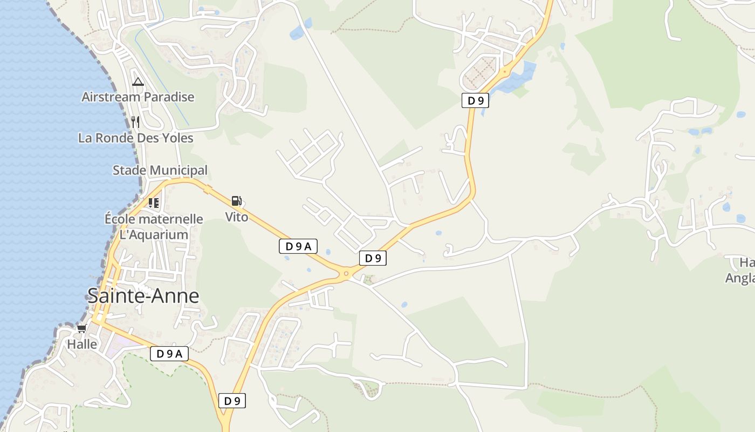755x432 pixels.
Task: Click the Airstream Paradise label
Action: point(138,97)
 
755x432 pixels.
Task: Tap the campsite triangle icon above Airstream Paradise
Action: point(138,82)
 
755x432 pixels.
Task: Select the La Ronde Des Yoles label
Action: point(135,138)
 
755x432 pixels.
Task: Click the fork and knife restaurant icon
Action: point(135,122)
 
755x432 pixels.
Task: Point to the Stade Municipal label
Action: point(160,170)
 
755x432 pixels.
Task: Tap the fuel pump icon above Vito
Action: point(236,201)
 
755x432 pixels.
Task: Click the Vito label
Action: point(237,217)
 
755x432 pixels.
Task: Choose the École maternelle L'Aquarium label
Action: point(154,227)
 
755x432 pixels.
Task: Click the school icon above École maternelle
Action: point(154,203)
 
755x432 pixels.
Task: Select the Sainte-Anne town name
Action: point(143,296)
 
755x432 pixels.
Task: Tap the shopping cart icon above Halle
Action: point(82,328)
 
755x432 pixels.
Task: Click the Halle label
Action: point(82,344)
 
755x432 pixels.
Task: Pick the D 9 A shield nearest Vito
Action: point(298,247)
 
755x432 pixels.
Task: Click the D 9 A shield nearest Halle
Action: point(169,354)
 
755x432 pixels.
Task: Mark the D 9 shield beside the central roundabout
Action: point(373,258)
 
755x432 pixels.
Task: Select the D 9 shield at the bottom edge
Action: point(232,401)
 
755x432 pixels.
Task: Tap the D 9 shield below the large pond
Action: point(475,100)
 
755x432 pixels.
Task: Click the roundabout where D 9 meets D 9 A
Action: point(346,274)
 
